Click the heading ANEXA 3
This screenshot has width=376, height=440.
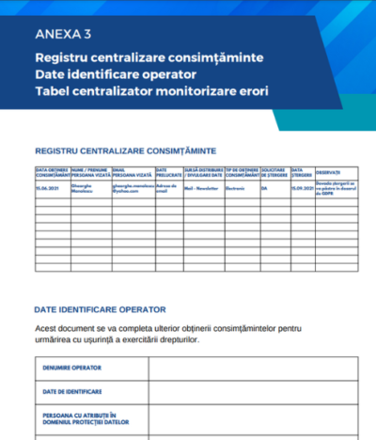pos(63,37)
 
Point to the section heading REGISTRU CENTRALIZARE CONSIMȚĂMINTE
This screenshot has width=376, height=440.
pos(125,149)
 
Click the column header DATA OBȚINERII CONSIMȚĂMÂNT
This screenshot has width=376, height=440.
pos(54,174)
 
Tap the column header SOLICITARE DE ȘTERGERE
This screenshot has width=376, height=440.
pos(274,174)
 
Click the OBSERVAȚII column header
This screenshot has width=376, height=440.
pos(328,171)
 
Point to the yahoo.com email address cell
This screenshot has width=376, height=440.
pos(133,190)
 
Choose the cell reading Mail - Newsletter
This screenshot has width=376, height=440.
pos(202,188)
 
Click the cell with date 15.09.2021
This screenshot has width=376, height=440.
pos(302,188)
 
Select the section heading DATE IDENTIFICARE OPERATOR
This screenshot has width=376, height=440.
pos(101,308)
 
